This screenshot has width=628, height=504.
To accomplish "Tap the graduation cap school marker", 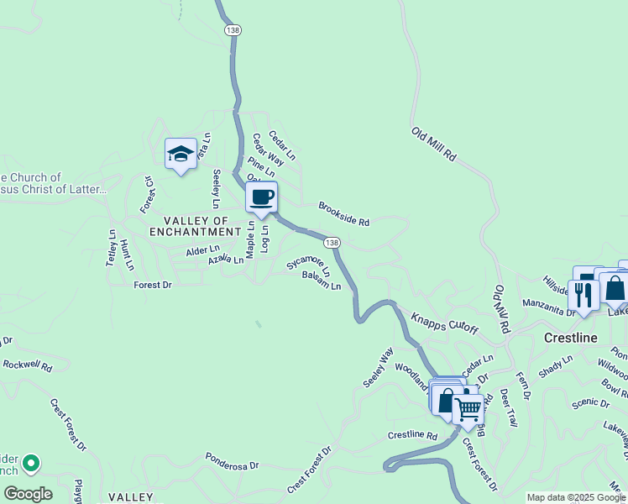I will tap(181, 154).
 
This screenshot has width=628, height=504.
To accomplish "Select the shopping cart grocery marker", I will tap(468, 409).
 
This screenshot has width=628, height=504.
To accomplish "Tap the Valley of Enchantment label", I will tap(195, 226).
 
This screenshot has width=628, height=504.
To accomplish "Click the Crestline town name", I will tap(570, 338).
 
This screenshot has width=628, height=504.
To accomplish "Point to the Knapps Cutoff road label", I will tap(444, 324).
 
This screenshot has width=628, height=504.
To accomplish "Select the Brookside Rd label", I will tap(343, 214).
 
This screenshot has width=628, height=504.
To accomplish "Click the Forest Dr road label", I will tap(153, 286).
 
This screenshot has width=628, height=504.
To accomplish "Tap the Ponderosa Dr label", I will tap(233, 462).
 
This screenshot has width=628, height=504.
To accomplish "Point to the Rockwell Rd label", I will tap(27, 366).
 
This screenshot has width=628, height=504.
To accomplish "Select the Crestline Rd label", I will tap(412, 436).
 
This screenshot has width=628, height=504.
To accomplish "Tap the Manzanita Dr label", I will tap(548, 307).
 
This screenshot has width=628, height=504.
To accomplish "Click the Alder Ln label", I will tap(202, 249).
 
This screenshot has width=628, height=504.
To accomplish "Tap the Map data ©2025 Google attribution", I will tap(577, 497).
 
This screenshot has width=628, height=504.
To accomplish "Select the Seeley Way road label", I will tap(377, 368).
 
